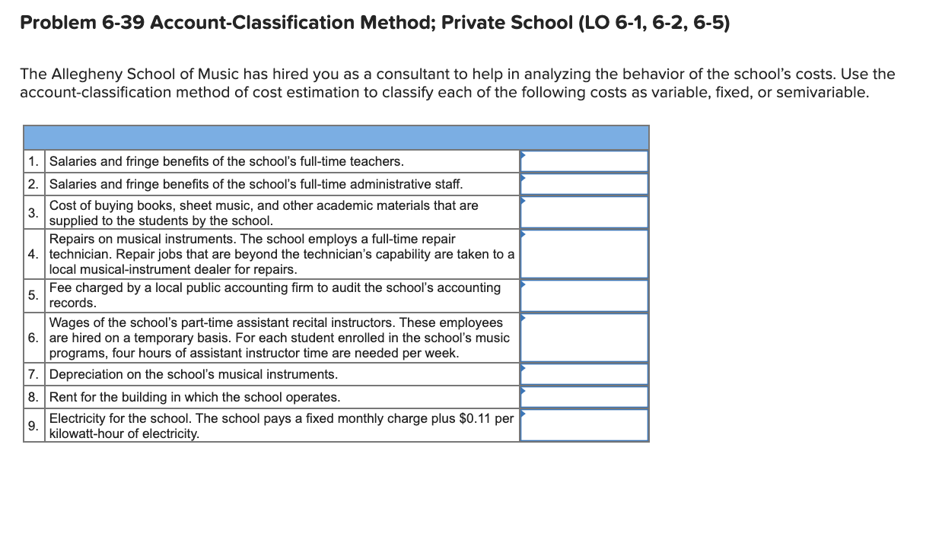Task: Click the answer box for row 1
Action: coord(584,161)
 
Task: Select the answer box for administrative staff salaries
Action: coord(584,184)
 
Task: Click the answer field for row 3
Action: coord(584,212)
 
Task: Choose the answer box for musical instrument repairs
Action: coord(584,254)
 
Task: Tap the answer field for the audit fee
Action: coord(584,295)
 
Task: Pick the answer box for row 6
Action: coord(584,338)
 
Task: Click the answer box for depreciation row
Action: coord(584,374)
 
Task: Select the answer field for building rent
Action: coord(584,397)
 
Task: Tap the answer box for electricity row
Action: coord(584,425)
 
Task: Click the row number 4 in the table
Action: coord(33,254)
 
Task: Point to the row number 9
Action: coord(33,426)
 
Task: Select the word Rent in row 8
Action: coord(62,397)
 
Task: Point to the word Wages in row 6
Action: coord(67,323)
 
